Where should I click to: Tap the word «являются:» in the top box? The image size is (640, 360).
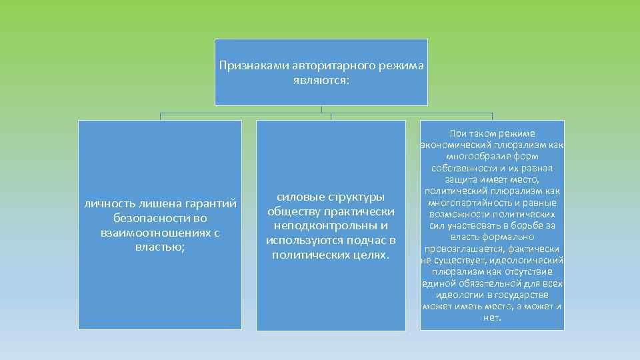point(321,80)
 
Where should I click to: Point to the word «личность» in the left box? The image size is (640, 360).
point(107,203)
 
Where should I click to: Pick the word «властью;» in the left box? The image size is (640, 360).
point(160,247)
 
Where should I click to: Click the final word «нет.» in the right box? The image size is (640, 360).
point(492,317)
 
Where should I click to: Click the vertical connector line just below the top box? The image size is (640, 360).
point(321,109)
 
